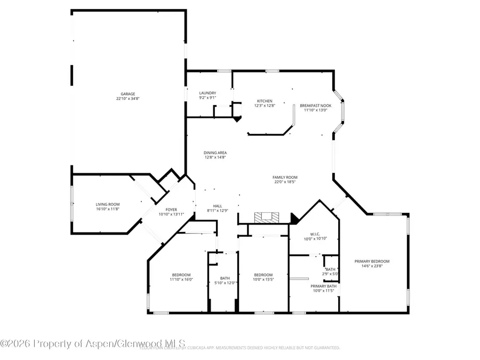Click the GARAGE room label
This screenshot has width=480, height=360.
pos(127,93)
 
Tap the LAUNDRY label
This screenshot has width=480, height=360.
pos(207,93)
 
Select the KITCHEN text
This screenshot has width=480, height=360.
pos(265,101)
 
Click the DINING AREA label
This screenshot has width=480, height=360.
pos(215,153)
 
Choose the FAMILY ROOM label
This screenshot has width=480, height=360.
pos(285,177)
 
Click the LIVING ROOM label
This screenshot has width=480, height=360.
pos(108,204)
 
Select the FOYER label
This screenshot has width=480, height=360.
pos(171,209)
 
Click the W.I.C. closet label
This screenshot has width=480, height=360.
pos(315,234)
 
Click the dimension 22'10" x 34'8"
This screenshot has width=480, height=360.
pos(127,99)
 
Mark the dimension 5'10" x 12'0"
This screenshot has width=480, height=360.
pos(225,283)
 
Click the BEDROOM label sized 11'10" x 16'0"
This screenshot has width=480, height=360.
pos(181,275)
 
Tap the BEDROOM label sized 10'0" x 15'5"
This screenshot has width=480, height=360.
pos(263,275)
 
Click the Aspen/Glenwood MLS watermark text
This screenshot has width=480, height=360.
pos(93,343)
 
